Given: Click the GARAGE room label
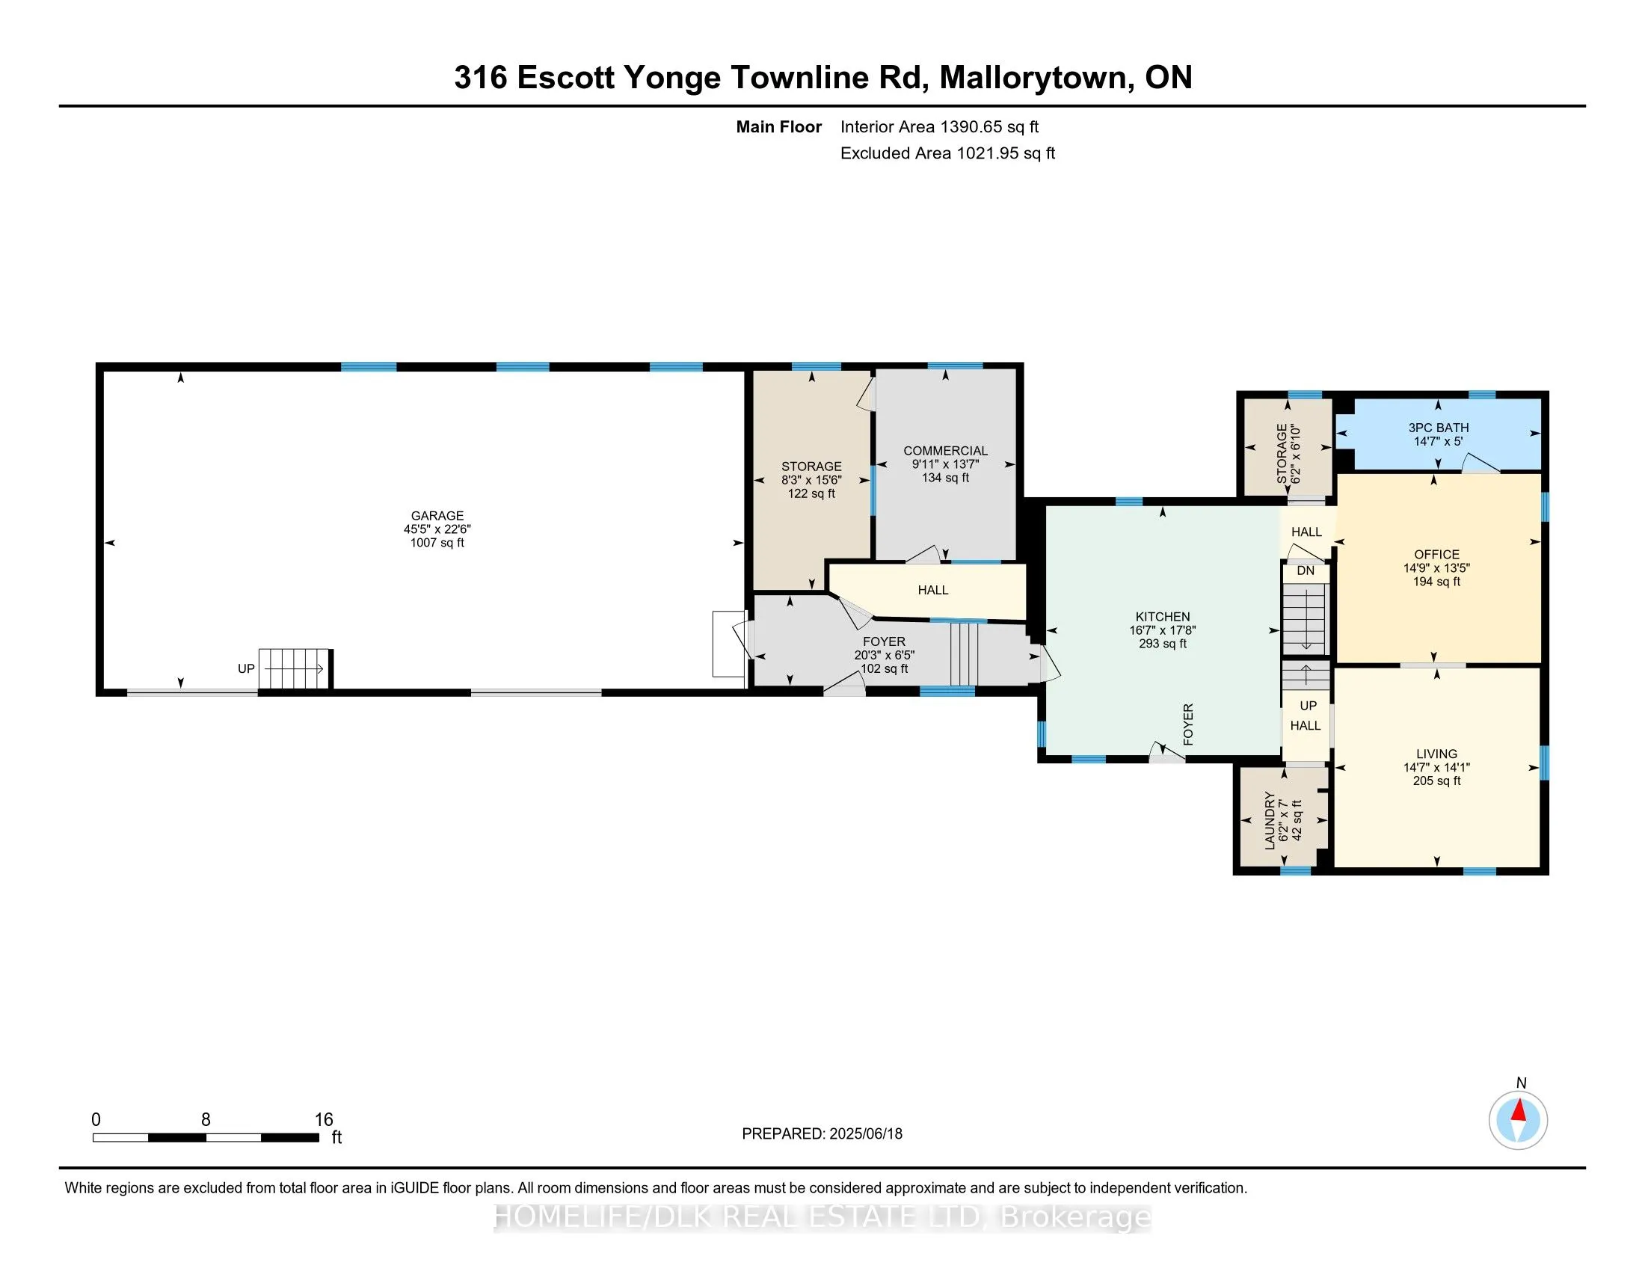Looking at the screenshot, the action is pos(437,516).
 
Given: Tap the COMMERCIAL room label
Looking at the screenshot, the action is pos(945,451).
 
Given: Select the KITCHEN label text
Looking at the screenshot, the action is pos(1163,617).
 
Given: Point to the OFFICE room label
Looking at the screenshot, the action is pos(1436,554).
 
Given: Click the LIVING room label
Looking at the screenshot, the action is pos(1436,754).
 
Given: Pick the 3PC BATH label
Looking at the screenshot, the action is pos(1439,428).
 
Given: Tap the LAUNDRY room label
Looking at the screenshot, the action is pos(1270,821).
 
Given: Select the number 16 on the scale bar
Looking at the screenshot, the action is pos(323,1120).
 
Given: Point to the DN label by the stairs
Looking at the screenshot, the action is pos(1306,570).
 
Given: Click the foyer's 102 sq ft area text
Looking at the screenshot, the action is pos(885,668).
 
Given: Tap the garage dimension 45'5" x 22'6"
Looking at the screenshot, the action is pos(437,529).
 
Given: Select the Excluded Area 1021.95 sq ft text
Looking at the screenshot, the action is pos(947,153).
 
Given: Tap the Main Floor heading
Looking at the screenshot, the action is pos(779,127).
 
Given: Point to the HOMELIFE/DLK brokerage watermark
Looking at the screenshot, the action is pos(822,1217).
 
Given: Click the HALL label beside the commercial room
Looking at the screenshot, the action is pos(932,591).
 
